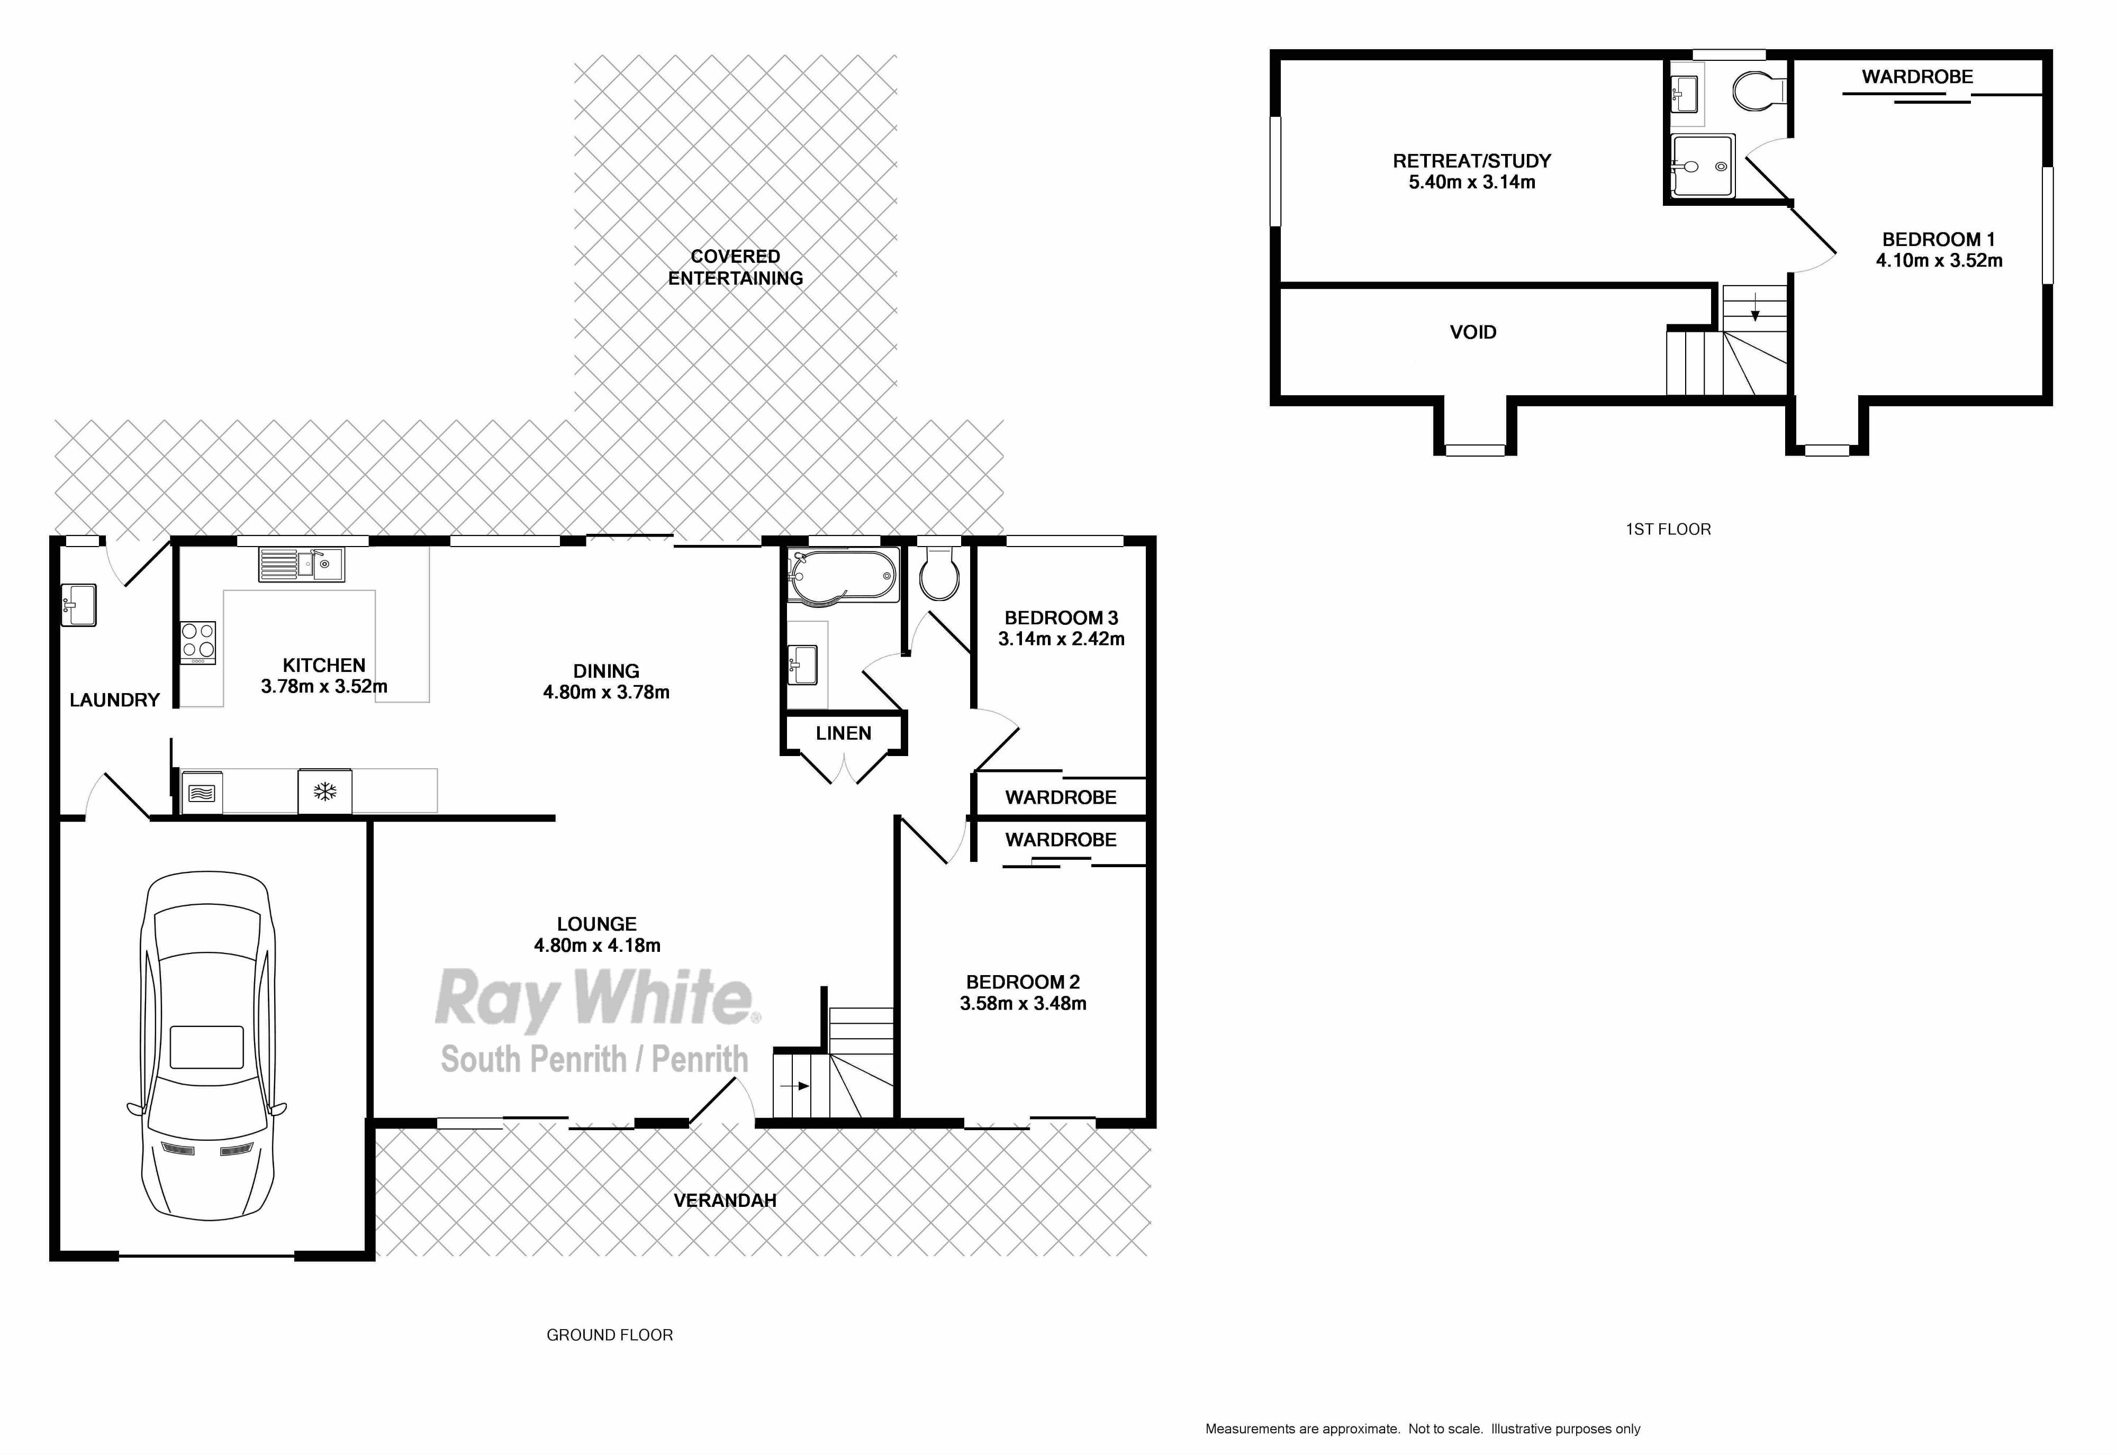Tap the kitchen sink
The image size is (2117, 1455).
[302, 565]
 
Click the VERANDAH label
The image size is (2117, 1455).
[725, 1200]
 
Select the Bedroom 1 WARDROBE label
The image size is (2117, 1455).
[1917, 77]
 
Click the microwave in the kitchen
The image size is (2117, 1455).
[202, 792]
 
